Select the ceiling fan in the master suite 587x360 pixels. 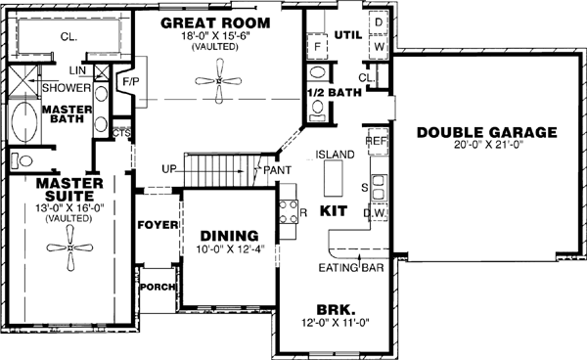[71, 256]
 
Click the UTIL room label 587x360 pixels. [347, 34]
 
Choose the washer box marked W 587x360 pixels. [379, 46]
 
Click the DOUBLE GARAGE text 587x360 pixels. [485, 132]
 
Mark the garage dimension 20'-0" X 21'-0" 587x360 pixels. [485, 146]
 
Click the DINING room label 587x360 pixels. [229, 236]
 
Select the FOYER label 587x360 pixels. [158, 225]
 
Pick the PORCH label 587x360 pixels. [157, 287]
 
